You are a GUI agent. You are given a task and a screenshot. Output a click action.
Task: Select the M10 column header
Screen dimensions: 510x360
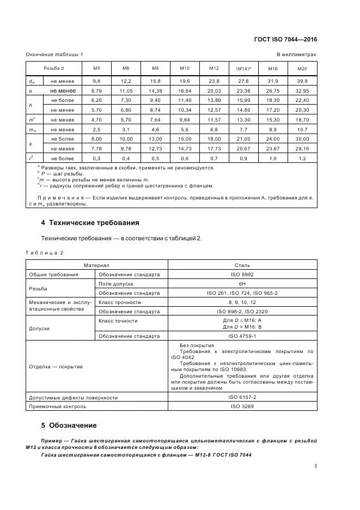coord(184,69)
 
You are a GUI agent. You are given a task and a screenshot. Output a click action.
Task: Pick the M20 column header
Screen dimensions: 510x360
coord(302,69)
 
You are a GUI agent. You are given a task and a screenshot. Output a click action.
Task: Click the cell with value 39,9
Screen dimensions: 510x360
coord(302,81)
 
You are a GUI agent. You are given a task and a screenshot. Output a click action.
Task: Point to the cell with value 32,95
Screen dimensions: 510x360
coord(302,90)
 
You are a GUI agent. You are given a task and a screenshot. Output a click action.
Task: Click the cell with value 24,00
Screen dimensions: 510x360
coord(272,139)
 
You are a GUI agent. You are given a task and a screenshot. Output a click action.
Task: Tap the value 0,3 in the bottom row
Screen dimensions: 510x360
coord(96,158)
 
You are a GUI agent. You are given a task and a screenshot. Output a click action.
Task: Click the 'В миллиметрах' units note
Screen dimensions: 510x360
coord(296,54)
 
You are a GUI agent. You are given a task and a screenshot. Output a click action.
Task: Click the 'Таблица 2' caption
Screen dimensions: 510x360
coord(45,253)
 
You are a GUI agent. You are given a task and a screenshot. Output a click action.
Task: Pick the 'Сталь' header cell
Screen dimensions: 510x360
coord(242,265)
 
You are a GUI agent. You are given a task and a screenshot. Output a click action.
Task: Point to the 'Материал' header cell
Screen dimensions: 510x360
coord(96,265)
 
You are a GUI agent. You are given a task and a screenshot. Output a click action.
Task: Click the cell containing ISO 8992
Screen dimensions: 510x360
coord(242,275)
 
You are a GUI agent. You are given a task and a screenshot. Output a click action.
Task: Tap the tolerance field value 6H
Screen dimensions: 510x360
coord(242,284)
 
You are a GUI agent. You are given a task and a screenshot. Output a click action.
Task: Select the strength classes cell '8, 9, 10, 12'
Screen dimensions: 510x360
coord(242,302)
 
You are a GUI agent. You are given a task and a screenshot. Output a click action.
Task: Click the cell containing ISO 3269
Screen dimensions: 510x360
coord(242,406)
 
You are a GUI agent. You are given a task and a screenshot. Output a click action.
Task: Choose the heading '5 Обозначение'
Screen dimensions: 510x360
coord(69,426)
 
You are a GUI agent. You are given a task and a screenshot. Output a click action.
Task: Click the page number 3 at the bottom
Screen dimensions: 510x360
coord(315,465)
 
